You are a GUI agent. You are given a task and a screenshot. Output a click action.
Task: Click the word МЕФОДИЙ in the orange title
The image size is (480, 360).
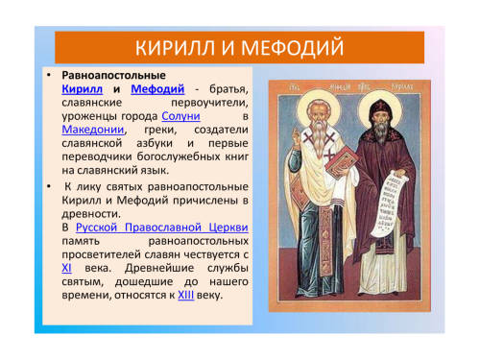[x=292, y=48]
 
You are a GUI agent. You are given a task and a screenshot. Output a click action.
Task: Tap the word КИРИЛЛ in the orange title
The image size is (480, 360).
[x=175, y=48]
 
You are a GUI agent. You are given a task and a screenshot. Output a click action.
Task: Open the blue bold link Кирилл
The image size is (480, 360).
[x=83, y=88]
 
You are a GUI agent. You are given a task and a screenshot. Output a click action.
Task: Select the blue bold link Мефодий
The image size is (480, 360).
[x=157, y=89]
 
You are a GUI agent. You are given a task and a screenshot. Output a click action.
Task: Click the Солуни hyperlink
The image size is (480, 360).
[x=180, y=116]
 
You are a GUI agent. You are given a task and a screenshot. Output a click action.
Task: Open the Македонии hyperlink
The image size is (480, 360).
[x=93, y=130]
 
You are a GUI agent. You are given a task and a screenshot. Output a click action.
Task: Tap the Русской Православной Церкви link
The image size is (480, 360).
[x=162, y=228]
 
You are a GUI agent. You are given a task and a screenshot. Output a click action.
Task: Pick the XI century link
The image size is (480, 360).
[x=66, y=268]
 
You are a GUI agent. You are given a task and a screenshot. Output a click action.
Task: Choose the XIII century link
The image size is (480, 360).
[x=186, y=295]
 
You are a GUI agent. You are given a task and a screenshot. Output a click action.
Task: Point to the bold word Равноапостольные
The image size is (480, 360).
[x=113, y=75]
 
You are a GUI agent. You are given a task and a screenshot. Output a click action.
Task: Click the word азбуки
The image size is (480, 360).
[x=155, y=143]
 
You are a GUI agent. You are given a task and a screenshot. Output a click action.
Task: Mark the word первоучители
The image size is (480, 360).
[x=209, y=103]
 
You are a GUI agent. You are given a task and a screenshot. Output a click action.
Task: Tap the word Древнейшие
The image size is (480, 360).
[x=159, y=268]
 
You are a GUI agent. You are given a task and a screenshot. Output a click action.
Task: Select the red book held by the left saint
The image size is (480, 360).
[x=342, y=163]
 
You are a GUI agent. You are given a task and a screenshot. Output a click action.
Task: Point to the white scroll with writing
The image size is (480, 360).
[x=387, y=204]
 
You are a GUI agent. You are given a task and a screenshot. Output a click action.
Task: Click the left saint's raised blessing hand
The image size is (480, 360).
[x=298, y=138]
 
